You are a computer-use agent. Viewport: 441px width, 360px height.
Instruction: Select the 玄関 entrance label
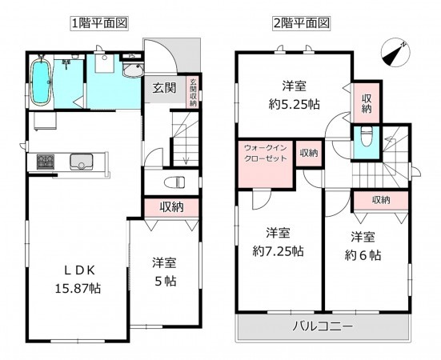click(x=164, y=88)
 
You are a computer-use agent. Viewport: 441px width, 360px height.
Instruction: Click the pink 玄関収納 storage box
click(x=193, y=90)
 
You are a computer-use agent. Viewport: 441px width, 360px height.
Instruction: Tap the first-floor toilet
click(x=177, y=181)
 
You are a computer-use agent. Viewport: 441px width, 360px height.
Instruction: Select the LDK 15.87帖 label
click(x=68, y=276)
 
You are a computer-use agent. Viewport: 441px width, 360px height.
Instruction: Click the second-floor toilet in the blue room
click(x=365, y=138)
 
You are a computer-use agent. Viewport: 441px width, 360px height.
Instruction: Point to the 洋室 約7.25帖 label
click(x=276, y=242)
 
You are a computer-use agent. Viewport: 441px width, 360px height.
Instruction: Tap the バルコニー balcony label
click(x=321, y=327)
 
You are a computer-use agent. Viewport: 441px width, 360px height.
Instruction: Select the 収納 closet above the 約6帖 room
click(x=380, y=200)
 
